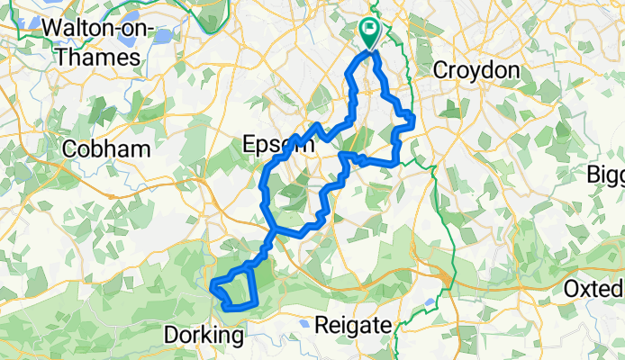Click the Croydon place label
[476, 70]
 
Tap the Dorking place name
[205, 337]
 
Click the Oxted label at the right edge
[593, 290]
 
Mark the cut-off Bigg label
[605, 173]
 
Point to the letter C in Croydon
[440, 70]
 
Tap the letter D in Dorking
[172, 337]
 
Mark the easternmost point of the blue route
[412, 117]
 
